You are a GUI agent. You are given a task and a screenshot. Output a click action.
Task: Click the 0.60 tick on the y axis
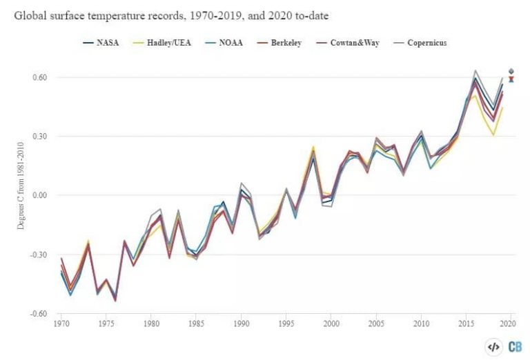[x=39, y=77]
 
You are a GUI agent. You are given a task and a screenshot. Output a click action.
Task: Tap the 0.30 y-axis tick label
[x=39, y=137]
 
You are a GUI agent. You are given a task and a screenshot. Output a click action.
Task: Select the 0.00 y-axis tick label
[x=39, y=195]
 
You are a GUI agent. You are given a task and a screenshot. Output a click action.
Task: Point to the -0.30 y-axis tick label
[x=38, y=254]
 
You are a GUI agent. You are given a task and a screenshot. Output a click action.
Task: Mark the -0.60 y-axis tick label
[x=38, y=313]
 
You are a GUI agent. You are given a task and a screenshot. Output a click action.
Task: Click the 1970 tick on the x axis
[x=61, y=323]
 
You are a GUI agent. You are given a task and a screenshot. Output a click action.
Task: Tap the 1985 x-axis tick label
[x=197, y=323]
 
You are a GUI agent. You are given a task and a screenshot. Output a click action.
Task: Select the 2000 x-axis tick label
[x=331, y=323]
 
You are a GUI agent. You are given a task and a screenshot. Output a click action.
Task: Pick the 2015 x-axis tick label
[x=467, y=323]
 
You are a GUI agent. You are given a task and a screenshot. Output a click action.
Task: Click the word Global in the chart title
[x=31, y=14]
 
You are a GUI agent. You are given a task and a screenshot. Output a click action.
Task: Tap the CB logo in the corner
[x=514, y=348]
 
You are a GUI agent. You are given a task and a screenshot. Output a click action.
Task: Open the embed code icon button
[x=493, y=348]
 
